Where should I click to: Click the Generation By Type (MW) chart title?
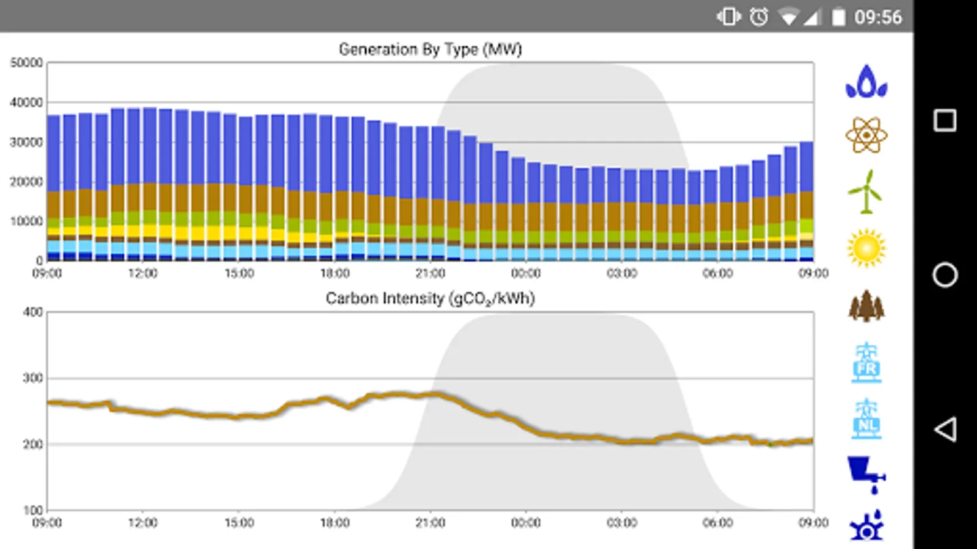[x=430, y=49]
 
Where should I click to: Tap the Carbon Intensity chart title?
[x=430, y=298]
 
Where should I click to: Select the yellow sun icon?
[x=866, y=248]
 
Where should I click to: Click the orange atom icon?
[x=866, y=135]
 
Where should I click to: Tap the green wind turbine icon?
[x=866, y=192]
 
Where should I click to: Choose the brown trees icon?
[x=866, y=306]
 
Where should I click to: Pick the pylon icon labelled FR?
[x=866, y=363]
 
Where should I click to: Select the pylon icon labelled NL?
[x=866, y=420]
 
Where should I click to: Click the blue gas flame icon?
[x=866, y=82]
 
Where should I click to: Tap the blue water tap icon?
[x=866, y=475]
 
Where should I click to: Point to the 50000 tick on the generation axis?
[x=26, y=63]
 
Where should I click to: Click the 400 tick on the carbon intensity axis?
[x=32, y=312]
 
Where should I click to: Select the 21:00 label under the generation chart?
[x=430, y=273]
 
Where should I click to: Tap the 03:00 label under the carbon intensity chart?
[x=622, y=523]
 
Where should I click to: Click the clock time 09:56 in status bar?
[x=877, y=17]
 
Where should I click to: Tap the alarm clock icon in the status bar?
[x=759, y=17]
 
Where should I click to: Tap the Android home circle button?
[x=945, y=275]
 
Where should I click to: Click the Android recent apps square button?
[x=945, y=120]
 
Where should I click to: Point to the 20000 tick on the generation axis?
[x=26, y=182]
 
